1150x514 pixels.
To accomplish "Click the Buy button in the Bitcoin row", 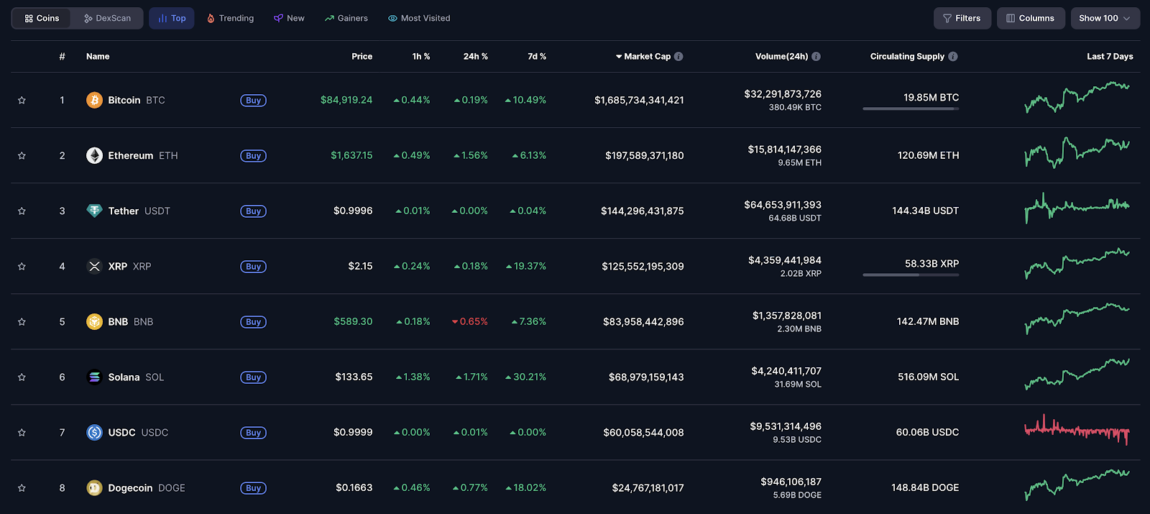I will click(x=253, y=101).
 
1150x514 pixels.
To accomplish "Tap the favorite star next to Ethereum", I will click(x=22, y=156).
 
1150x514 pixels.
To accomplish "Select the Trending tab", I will click(x=230, y=18).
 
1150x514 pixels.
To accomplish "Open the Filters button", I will click(x=962, y=18).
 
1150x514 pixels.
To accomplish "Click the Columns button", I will click(x=1030, y=18).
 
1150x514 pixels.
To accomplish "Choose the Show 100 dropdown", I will click(x=1105, y=18).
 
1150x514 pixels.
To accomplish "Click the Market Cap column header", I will click(x=647, y=56).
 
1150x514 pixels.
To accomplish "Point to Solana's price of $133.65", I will click(x=354, y=377).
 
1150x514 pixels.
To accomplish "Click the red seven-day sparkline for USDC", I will click(x=1077, y=431).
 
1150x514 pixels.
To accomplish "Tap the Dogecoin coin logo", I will click(x=94, y=488).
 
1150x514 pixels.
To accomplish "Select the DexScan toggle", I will click(x=107, y=18).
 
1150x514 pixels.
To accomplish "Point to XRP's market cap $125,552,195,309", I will click(x=643, y=266).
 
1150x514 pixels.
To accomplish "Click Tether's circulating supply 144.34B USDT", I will click(x=925, y=211).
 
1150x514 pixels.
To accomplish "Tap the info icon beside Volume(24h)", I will click(x=816, y=56).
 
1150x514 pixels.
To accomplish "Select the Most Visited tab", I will click(x=419, y=18).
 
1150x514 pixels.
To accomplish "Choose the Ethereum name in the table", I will click(x=131, y=155).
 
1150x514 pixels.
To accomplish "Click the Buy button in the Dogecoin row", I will click(x=253, y=488).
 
